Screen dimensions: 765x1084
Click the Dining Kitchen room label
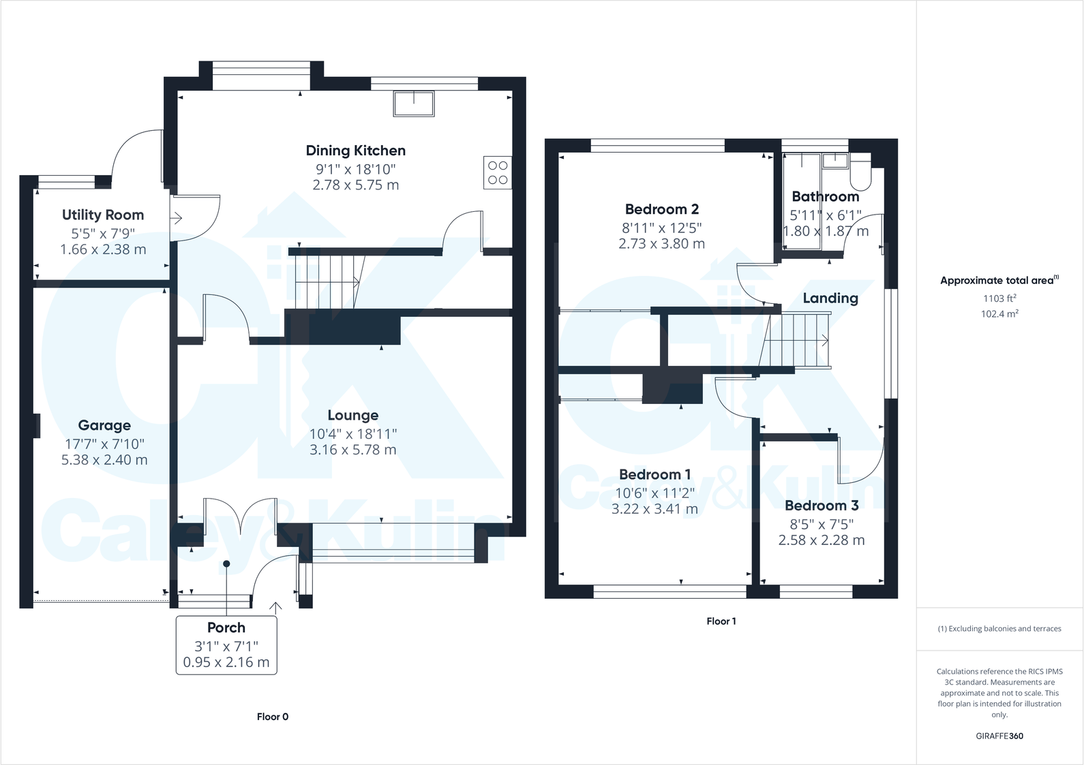click(x=355, y=151)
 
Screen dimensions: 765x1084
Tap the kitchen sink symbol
click(x=414, y=104)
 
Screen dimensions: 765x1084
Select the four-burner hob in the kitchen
click(x=497, y=172)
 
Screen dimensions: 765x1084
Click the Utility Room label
click(x=103, y=215)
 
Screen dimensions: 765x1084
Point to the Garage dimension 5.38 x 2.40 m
click(x=104, y=460)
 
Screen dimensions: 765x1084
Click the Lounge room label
click(x=352, y=415)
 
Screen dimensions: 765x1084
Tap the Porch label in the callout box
click(x=226, y=627)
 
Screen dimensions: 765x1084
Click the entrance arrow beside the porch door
click(x=275, y=608)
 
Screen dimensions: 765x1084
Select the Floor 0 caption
click(x=273, y=717)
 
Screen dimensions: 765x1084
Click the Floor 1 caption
click(x=721, y=621)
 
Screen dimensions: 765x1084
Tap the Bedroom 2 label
click(x=661, y=209)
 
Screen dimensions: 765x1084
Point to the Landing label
click(x=830, y=298)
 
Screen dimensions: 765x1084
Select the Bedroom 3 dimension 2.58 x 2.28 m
click(x=822, y=540)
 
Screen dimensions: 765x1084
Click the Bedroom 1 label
click(x=654, y=474)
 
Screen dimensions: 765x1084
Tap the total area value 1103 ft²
click(x=999, y=298)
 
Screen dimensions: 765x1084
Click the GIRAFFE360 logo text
click(x=999, y=736)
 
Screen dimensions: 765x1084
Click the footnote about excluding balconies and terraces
click(x=999, y=629)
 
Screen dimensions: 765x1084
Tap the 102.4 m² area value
click(x=999, y=314)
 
